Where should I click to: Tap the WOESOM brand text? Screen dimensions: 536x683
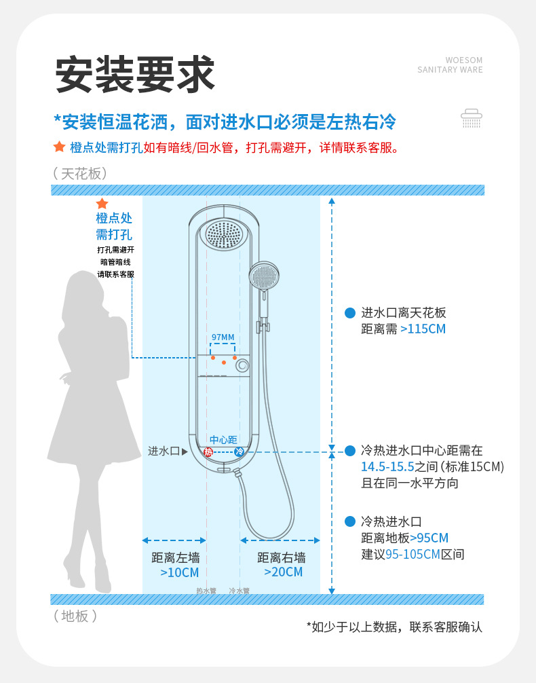pyautogui.click(x=464, y=60)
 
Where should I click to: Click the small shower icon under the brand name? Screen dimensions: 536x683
pyautogui.click(x=472, y=118)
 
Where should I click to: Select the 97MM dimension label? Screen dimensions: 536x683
pyautogui.click(x=223, y=337)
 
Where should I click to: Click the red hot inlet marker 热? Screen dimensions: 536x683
pyautogui.click(x=208, y=451)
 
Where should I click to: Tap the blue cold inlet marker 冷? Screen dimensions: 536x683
pyautogui.click(x=239, y=451)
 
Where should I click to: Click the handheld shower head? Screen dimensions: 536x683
pyautogui.click(x=263, y=277)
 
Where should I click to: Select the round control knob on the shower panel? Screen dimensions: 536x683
pyautogui.click(x=241, y=366)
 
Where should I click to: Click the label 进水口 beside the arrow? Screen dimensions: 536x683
pyautogui.click(x=164, y=451)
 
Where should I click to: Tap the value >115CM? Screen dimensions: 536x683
pyautogui.click(x=423, y=329)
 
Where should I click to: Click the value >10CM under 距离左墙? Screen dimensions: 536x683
pyautogui.click(x=175, y=572)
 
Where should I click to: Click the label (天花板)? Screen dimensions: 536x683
pyautogui.click(x=80, y=174)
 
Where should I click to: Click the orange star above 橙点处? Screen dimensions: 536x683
pyautogui.click(x=102, y=204)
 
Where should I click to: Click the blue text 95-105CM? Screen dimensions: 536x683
pyautogui.click(x=413, y=554)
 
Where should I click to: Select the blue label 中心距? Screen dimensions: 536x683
pyautogui.click(x=223, y=439)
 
